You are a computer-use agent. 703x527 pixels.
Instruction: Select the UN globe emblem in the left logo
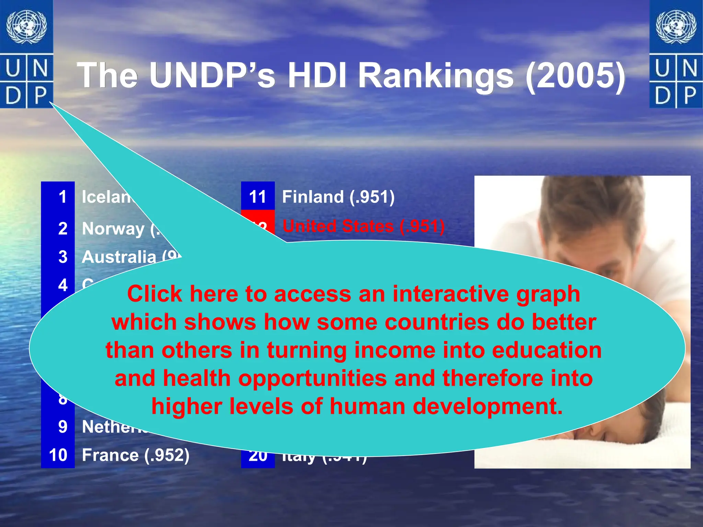26,27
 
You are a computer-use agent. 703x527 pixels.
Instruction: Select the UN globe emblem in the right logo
676,27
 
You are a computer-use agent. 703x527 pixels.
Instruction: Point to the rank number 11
257,197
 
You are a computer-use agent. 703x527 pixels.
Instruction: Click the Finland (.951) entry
338,197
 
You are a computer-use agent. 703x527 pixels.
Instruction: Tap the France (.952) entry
136,455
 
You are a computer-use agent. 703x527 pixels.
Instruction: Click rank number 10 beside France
58,455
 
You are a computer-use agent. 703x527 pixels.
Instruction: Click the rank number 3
63,257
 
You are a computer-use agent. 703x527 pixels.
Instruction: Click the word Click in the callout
154,294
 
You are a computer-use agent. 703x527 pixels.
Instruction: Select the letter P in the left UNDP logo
40,96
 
